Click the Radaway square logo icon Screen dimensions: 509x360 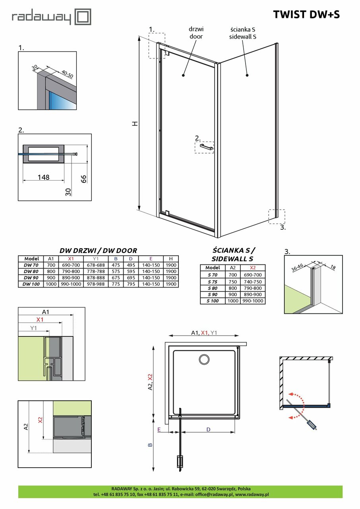click(x=83, y=17)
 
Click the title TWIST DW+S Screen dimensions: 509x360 click(x=306, y=14)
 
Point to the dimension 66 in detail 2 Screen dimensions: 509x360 click(x=83, y=179)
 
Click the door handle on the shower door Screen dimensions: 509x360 click(x=207, y=148)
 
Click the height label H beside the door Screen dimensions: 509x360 click(x=135, y=124)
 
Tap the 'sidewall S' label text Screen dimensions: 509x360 click(x=243, y=37)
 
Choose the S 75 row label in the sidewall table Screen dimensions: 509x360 click(x=213, y=282)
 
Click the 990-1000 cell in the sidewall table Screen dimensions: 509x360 click(x=252, y=301)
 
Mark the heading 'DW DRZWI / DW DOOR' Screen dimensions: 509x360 click(x=98, y=251)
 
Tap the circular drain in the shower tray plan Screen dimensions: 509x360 click(x=204, y=359)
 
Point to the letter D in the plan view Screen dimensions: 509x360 click(x=208, y=429)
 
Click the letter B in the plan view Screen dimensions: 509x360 click(x=150, y=445)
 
